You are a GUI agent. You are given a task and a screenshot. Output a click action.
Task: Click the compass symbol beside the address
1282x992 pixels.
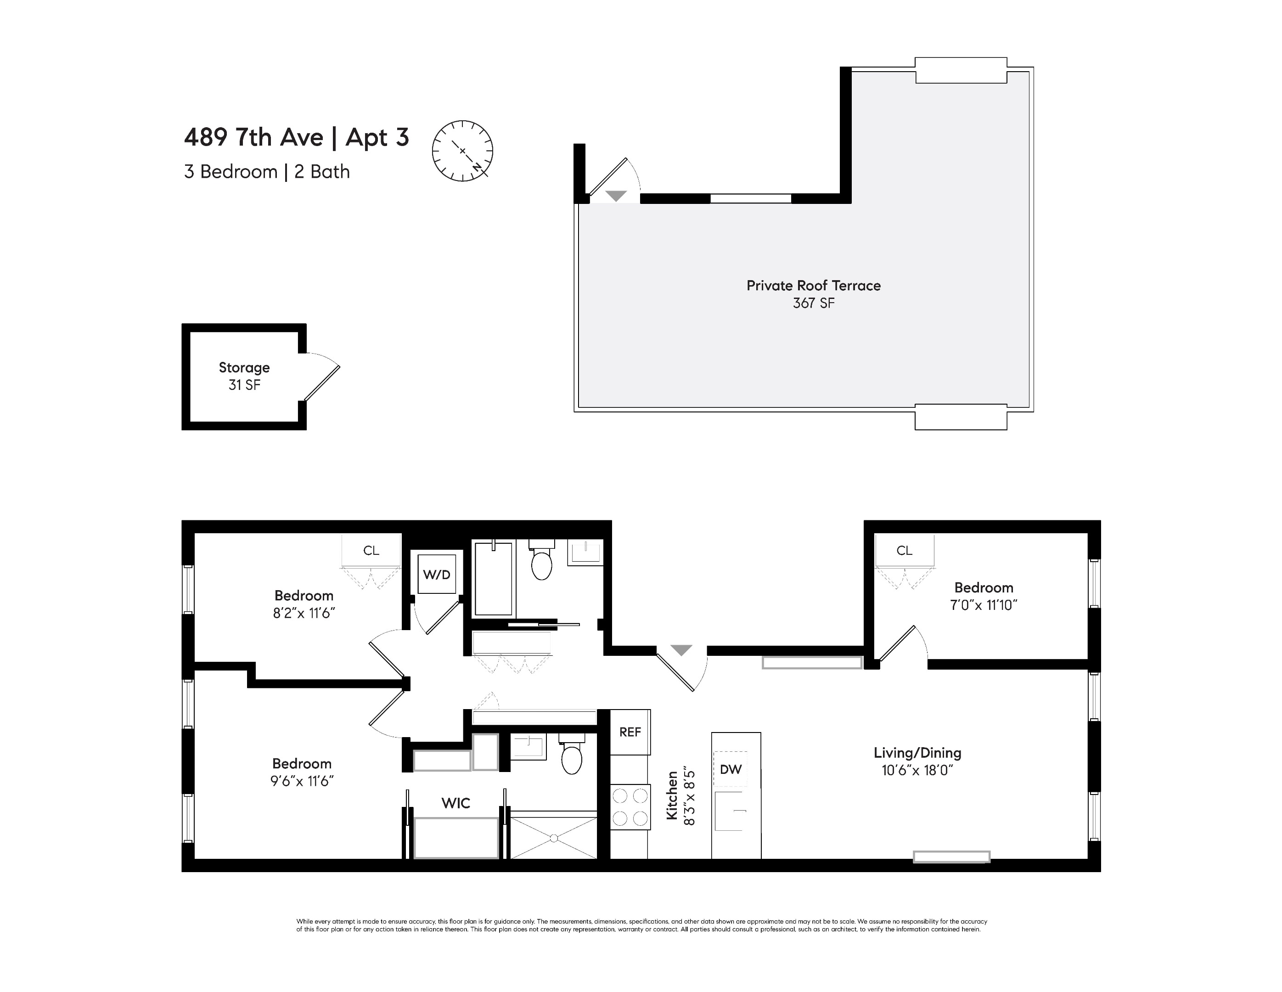point(462,151)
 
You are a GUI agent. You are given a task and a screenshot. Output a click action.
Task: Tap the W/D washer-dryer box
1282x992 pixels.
point(437,575)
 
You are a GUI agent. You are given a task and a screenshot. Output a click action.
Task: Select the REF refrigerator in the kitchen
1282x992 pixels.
point(630,732)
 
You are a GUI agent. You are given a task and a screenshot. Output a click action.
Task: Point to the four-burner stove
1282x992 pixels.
point(630,807)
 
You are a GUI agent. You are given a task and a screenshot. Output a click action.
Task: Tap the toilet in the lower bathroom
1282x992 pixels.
point(571,758)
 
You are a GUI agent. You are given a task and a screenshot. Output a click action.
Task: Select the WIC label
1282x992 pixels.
point(455,803)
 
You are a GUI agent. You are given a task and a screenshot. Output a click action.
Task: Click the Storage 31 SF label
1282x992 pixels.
point(244,376)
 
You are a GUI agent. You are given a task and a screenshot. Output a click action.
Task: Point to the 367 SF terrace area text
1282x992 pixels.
point(813,303)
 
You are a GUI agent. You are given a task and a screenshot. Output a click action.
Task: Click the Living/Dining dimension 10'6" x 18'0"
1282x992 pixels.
point(917,770)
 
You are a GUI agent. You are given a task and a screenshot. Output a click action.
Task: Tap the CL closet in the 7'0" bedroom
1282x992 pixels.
point(904,550)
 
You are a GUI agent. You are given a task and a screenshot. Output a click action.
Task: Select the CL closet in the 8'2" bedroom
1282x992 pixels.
point(371,550)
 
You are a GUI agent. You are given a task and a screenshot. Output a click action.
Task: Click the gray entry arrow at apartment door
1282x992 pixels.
point(681,650)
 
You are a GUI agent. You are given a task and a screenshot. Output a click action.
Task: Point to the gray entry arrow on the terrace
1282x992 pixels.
point(616,196)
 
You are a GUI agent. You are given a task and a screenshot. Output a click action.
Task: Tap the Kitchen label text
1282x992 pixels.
point(672,795)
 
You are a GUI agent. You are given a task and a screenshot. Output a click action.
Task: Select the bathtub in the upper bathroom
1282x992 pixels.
point(493,579)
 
